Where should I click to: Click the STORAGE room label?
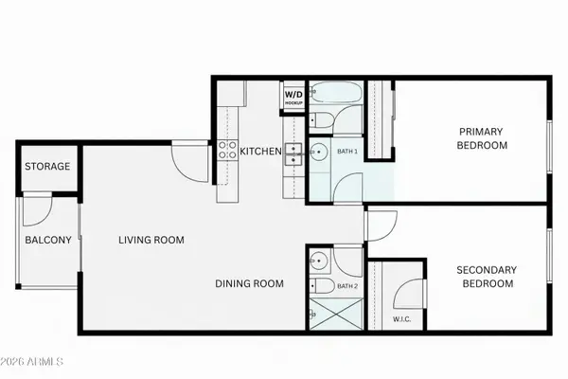(x=47, y=167)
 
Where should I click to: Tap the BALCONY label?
(x=47, y=240)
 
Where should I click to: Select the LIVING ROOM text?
(x=151, y=240)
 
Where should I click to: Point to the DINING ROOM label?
(x=250, y=282)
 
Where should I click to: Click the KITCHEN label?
(x=260, y=152)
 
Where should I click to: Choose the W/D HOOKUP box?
(x=293, y=97)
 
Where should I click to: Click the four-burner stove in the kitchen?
(x=228, y=150)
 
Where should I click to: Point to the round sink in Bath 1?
(x=319, y=153)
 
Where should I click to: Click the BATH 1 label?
(x=346, y=151)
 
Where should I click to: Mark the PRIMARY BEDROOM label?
(x=482, y=138)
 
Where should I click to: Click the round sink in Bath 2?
(x=317, y=260)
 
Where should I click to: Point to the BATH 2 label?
(x=346, y=285)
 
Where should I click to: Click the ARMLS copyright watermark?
(x=34, y=361)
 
